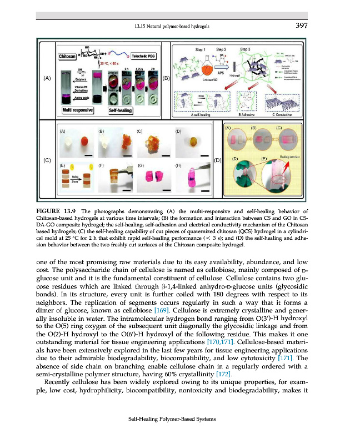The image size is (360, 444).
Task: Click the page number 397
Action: [x=302, y=25]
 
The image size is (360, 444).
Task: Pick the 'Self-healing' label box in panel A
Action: [x=121, y=110]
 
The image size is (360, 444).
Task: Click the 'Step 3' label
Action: [x=246, y=49]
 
